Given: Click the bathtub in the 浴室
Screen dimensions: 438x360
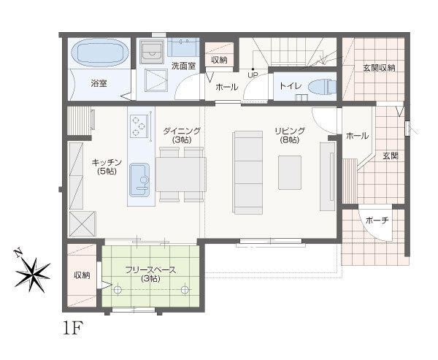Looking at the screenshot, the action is click(100, 53).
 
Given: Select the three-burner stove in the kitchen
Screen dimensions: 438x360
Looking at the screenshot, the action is click(139, 126).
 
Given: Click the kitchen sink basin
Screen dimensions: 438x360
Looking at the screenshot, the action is click(139, 180).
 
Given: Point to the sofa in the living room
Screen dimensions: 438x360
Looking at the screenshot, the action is click(247, 172).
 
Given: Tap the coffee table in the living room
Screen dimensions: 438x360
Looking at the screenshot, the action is click(290, 172).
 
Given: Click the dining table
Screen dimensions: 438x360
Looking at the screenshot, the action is click(181, 174).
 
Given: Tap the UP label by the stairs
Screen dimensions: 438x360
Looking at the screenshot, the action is click(253, 75).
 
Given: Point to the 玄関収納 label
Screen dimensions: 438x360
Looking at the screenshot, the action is click(379, 68).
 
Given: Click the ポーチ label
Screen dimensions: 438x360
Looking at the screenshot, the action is click(377, 221).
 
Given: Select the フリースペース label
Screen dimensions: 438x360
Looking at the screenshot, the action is click(150, 270).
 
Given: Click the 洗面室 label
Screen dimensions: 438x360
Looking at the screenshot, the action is click(183, 66).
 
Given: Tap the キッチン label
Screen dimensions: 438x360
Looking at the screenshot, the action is click(107, 162).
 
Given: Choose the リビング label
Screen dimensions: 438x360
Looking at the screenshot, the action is click(290, 131).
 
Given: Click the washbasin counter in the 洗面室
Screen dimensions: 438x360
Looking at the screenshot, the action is click(183, 47).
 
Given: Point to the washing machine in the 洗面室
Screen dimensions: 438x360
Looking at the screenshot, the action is click(152, 52).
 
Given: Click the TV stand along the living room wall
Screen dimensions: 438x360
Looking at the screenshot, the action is click(327, 177).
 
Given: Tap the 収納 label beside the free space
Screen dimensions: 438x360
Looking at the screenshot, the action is click(82, 275).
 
